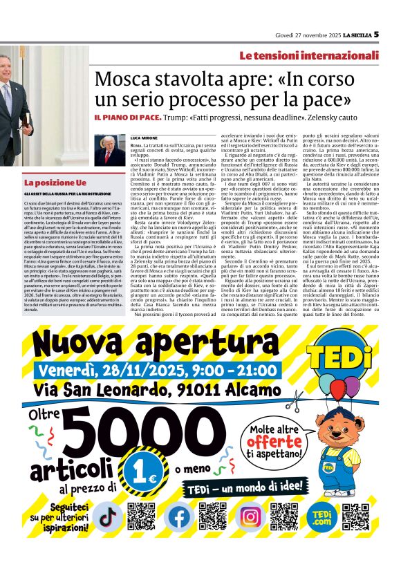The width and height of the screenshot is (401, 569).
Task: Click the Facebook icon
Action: (179, 516)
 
